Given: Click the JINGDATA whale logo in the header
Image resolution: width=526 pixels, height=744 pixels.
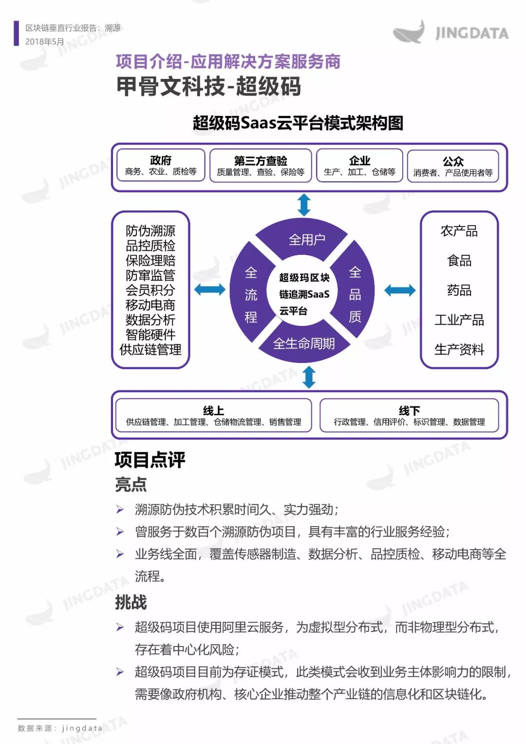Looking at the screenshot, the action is click(451, 32).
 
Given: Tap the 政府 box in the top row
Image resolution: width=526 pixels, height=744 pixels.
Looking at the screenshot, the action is click(161, 165).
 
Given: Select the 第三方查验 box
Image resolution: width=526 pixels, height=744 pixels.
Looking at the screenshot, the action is click(261, 165).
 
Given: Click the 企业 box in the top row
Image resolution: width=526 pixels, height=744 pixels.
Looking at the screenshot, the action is click(359, 165).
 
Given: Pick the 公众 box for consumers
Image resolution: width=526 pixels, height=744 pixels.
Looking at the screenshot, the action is click(453, 166).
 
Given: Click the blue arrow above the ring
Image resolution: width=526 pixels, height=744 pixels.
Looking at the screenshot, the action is click(304, 205).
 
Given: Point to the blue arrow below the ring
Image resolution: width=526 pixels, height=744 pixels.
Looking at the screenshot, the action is click(309, 377).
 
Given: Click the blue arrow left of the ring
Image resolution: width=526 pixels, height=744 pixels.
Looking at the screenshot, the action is click(209, 289).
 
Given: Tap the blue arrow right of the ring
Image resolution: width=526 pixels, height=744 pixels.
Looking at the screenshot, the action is click(400, 290).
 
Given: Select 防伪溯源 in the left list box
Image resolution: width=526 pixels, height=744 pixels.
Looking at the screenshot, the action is click(150, 231).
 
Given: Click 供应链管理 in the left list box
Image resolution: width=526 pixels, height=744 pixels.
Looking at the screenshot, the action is click(150, 349).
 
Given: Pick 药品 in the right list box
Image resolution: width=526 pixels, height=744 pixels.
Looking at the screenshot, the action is click(459, 290).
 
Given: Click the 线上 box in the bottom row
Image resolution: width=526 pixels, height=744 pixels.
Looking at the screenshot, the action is click(213, 415).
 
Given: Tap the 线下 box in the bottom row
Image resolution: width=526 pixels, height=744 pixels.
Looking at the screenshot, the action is click(409, 416).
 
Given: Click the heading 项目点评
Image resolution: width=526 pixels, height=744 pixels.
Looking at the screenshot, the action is click(150, 460).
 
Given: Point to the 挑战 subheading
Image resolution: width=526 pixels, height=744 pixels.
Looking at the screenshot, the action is click(131, 602).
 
